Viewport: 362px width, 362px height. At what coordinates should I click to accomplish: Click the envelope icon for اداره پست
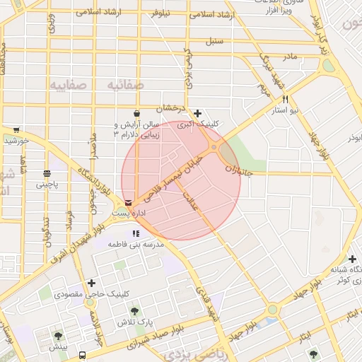click(127, 202)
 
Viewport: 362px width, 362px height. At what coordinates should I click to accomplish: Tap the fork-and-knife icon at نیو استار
click(285, 100)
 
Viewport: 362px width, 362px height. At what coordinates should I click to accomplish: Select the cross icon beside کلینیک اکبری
click(197, 113)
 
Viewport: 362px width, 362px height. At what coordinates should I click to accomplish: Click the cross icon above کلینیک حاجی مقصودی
click(91, 283)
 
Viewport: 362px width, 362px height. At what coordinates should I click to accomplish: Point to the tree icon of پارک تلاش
click(134, 311)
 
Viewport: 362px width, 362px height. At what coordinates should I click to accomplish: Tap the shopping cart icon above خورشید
click(16, 130)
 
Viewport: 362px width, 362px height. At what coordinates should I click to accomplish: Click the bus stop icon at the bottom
click(83, 355)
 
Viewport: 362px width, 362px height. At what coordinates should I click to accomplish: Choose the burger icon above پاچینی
click(47, 173)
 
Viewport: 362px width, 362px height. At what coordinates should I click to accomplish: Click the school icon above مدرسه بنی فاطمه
click(135, 233)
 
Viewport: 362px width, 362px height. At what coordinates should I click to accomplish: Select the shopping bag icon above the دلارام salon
click(136, 112)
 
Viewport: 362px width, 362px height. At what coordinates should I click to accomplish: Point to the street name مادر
click(289, 55)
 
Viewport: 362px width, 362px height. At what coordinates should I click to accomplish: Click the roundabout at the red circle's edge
click(214, 147)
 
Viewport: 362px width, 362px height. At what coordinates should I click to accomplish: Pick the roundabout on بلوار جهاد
click(272, 310)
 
